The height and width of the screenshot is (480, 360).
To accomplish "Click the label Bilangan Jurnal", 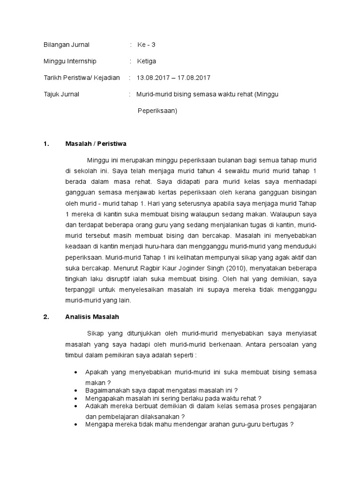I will [x=66, y=45].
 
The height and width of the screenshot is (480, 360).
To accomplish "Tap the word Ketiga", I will [x=146, y=61].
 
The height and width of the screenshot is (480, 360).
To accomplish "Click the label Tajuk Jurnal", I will [x=61, y=94].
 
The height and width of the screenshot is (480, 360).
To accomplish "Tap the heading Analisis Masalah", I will [x=92, y=317].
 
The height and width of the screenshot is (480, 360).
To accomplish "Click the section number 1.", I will [x=45, y=143].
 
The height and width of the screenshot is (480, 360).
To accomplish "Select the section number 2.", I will [x=46, y=317].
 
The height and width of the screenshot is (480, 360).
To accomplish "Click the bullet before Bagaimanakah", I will [x=76, y=390].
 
